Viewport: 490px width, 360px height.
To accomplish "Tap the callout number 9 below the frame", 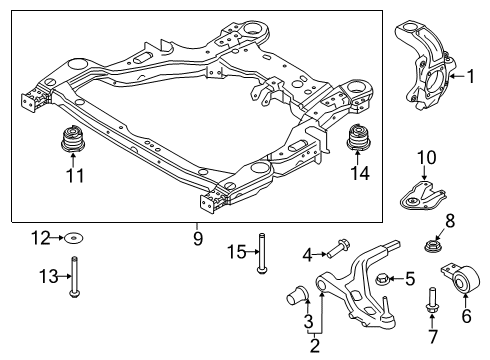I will click(198, 239).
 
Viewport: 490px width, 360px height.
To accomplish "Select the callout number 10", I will click(425, 157).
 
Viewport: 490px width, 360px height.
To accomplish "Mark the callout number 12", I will click(40, 238).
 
